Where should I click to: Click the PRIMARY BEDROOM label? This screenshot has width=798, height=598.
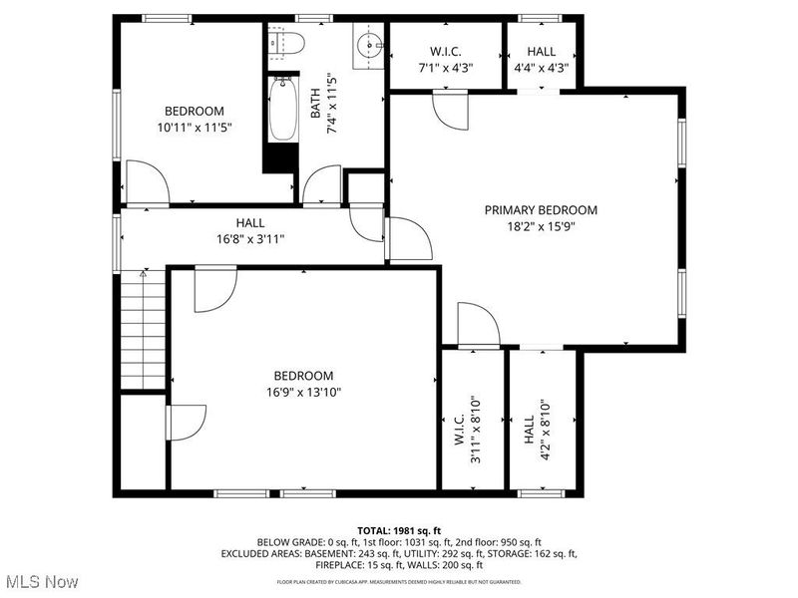tap(541, 210)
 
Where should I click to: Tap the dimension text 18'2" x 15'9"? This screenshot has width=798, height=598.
tap(541, 225)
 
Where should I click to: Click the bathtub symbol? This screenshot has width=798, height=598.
tap(281, 110)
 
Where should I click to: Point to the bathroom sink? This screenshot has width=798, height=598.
tap(370, 45)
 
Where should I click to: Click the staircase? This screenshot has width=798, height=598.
tap(143, 329)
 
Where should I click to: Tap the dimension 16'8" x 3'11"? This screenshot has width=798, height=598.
tap(250, 239)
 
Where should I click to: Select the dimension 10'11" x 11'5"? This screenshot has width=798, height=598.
tap(194, 127)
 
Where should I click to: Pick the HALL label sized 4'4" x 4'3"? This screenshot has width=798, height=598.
tap(542, 52)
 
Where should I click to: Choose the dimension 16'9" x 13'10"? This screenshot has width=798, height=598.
tap(303, 392)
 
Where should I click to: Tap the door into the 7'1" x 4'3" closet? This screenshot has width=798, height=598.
tap(447, 109)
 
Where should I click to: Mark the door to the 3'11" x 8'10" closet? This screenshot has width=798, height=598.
tap(477, 327)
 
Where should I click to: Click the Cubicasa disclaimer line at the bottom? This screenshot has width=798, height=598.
tap(398, 581)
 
